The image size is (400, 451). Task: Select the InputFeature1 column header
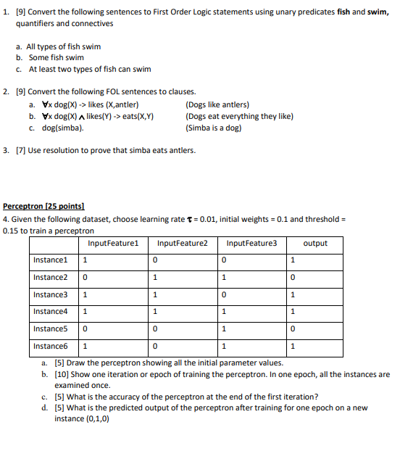(x=113, y=244)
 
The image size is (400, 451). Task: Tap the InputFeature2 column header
(x=182, y=244)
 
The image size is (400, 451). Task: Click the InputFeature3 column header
(x=251, y=244)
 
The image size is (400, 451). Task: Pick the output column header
(x=315, y=244)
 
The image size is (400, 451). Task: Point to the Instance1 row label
(x=50, y=260)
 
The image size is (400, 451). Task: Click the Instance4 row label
(x=50, y=312)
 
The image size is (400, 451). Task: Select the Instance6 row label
(x=50, y=346)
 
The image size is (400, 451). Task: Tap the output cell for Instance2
(x=292, y=278)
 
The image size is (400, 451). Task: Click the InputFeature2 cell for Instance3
(x=155, y=295)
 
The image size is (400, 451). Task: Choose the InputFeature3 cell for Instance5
(x=225, y=329)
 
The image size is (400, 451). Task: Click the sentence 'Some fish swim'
(x=57, y=58)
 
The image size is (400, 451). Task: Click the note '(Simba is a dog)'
(x=214, y=128)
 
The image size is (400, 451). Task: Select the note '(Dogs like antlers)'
(x=217, y=104)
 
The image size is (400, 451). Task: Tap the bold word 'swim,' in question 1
(x=378, y=12)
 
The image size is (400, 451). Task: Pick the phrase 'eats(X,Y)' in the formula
(x=138, y=116)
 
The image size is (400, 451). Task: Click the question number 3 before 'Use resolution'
(x=6, y=151)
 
